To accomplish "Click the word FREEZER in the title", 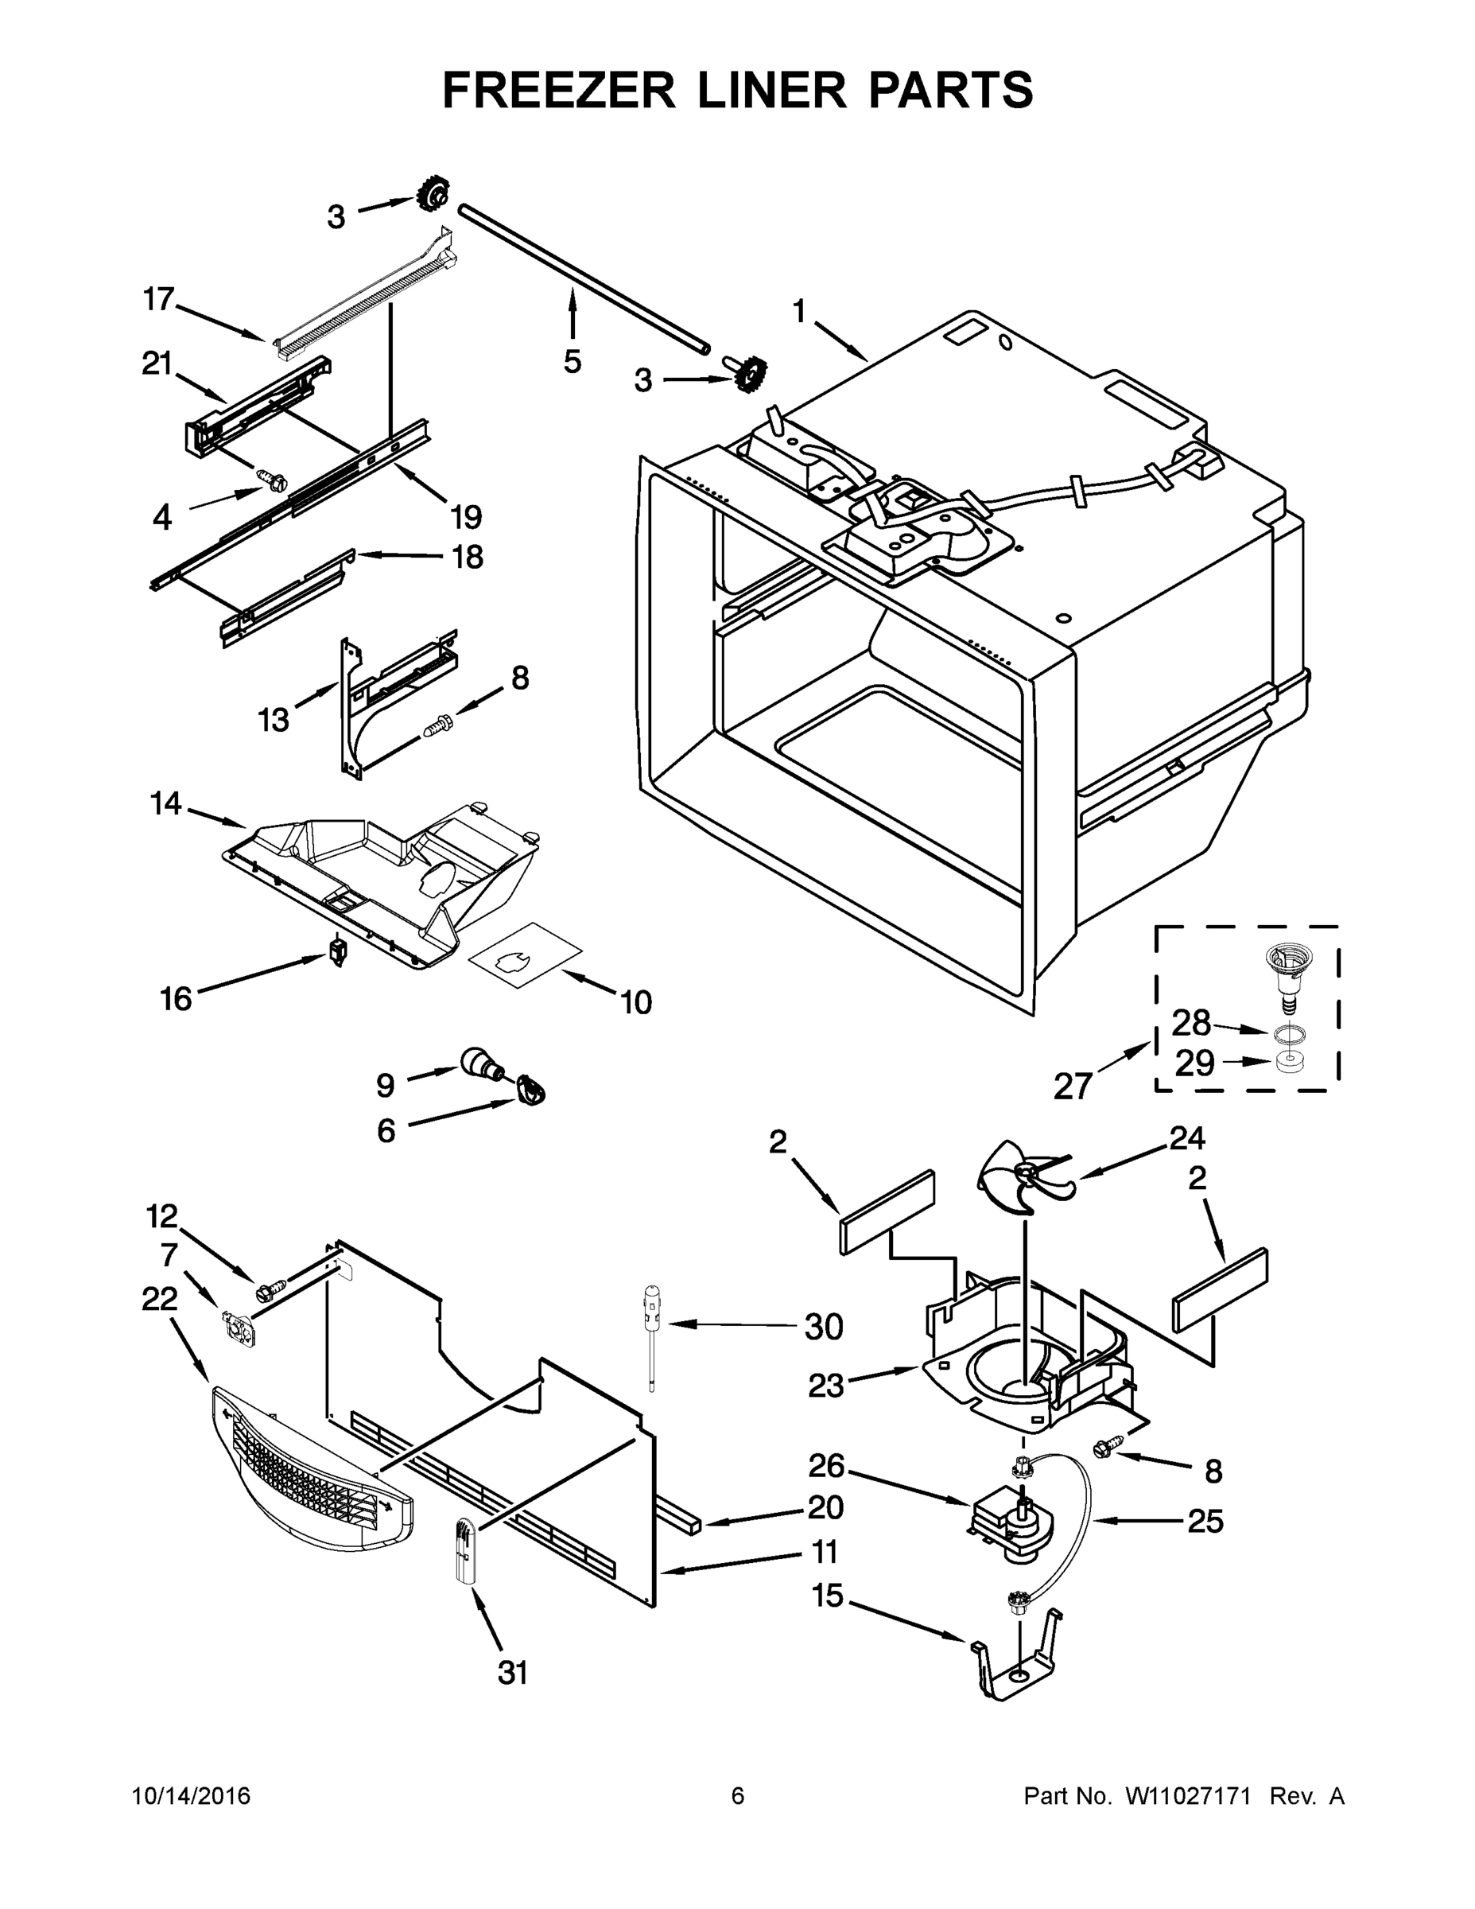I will click(558, 90).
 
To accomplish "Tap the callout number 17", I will click(159, 299).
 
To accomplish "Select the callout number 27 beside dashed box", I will click(1073, 1086).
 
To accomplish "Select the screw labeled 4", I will click(272, 477).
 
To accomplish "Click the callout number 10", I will click(636, 1001).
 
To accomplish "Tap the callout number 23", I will click(825, 1385).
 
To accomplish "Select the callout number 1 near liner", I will click(798, 310).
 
